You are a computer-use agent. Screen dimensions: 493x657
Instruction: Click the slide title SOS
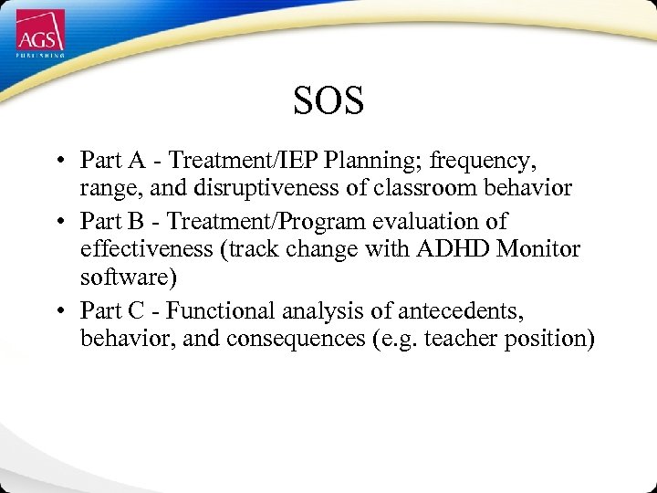pos(328,100)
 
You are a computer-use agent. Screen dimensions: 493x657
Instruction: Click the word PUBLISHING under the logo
pos(40,56)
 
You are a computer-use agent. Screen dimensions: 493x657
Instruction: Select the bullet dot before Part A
pos(57,162)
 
